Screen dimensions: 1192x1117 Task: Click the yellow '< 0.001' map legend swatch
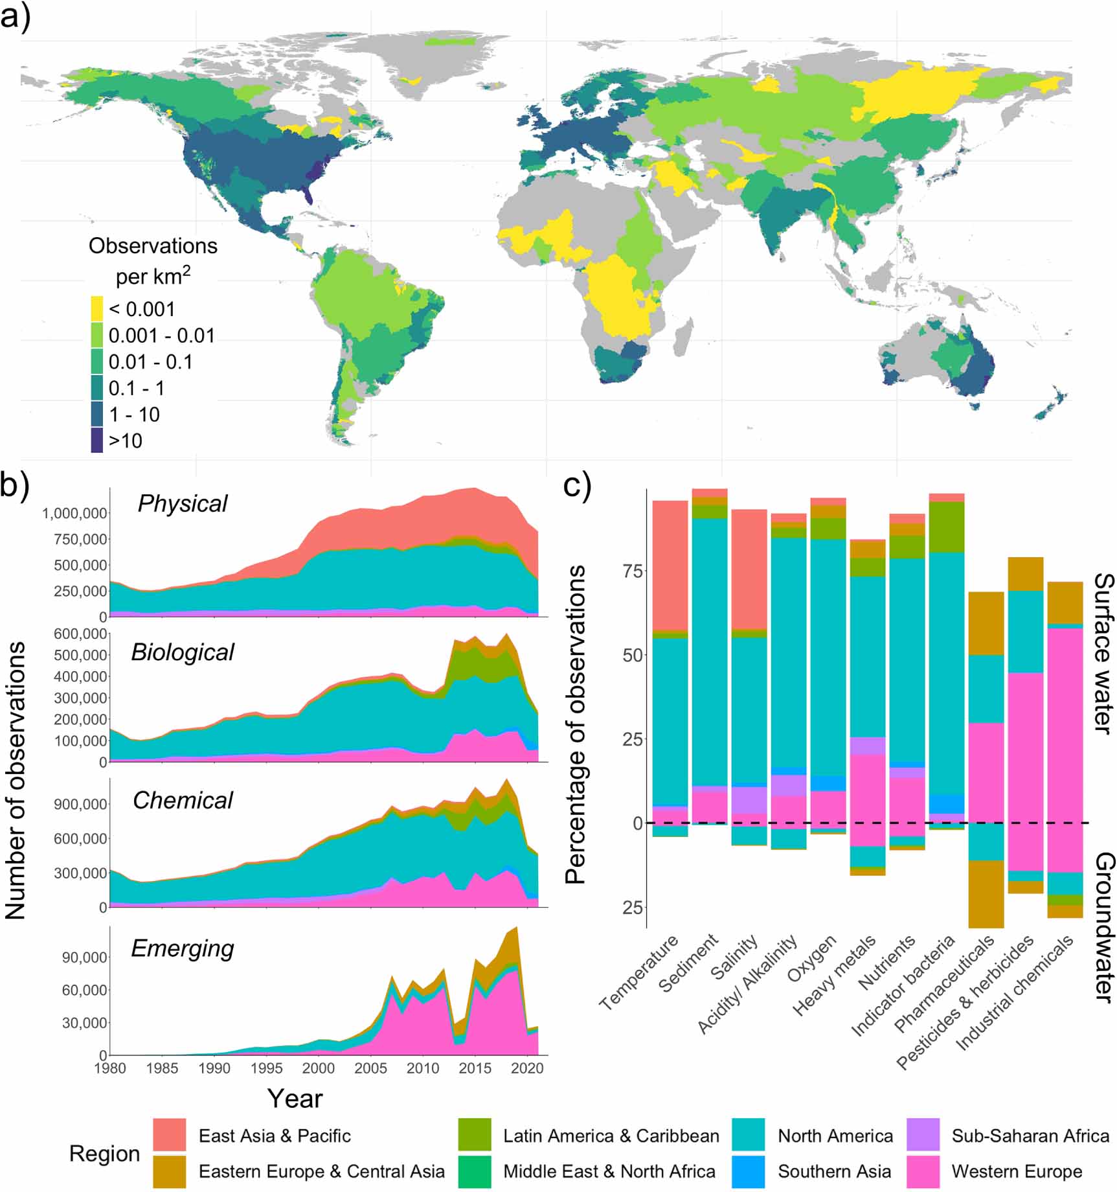[96, 309]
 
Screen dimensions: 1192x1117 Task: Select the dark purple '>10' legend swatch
[96, 441]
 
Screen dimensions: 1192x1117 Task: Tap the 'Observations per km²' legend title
[153, 260]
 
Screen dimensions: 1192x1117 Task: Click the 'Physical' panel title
[183, 503]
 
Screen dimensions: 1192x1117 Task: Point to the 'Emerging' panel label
[183, 948]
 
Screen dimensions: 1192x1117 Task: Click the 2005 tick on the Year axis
[370, 1068]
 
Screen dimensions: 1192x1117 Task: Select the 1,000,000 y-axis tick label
[74, 514]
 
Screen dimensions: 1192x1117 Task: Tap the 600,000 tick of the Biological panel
[80, 634]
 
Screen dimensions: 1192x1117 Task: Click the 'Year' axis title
[295, 1099]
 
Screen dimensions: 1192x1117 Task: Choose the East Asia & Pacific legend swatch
[170, 1136]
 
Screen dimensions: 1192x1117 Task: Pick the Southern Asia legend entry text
[834, 1171]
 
